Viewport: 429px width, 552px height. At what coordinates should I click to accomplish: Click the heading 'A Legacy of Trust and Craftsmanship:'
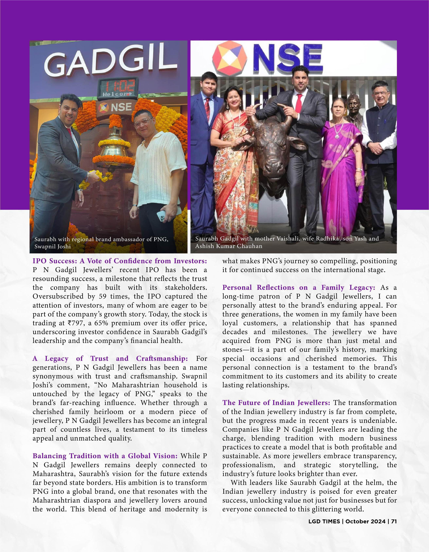pyautogui.click(x=110, y=358)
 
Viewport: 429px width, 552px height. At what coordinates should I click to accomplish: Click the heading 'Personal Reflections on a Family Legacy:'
pyautogui.click(x=299, y=287)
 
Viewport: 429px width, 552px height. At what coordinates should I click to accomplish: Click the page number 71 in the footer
pyautogui.click(x=394, y=521)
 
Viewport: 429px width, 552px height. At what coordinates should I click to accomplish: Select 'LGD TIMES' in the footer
pyautogui.click(x=324, y=521)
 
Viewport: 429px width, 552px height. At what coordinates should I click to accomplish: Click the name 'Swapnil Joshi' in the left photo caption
pyautogui.click(x=53, y=246)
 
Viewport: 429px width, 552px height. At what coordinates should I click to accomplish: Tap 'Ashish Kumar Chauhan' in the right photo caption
pyautogui.click(x=229, y=246)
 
